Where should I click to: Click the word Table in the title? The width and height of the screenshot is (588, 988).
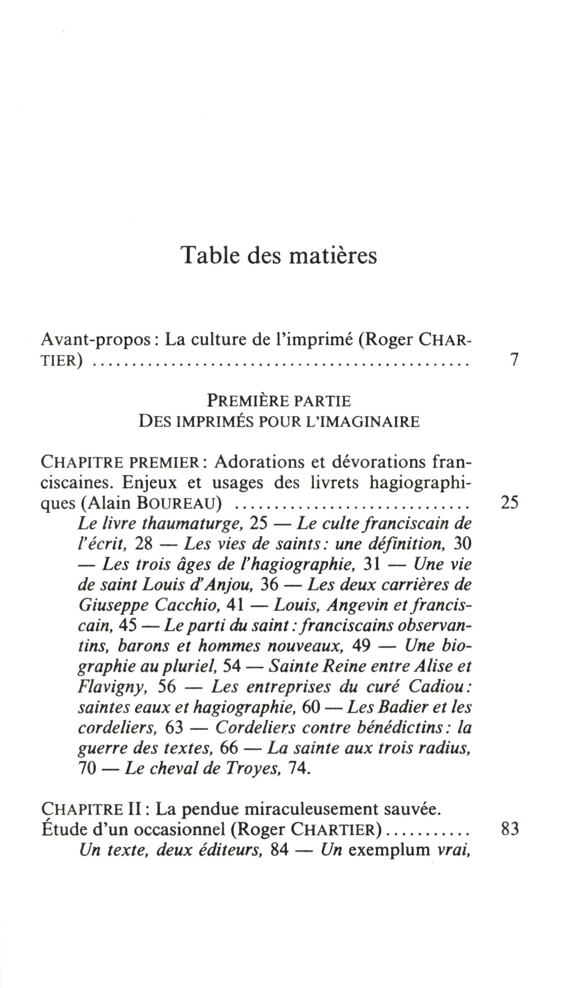[x=206, y=255]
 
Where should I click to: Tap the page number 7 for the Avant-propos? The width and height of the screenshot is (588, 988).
[x=514, y=360]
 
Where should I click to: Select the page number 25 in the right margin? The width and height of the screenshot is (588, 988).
[x=509, y=502]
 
